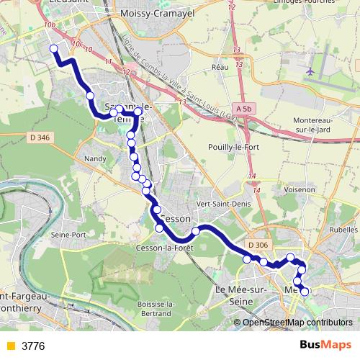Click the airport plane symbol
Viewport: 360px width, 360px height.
click(310, 72)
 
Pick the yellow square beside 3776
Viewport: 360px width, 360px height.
click(10, 346)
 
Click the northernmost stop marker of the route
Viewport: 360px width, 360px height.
click(53, 49)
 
